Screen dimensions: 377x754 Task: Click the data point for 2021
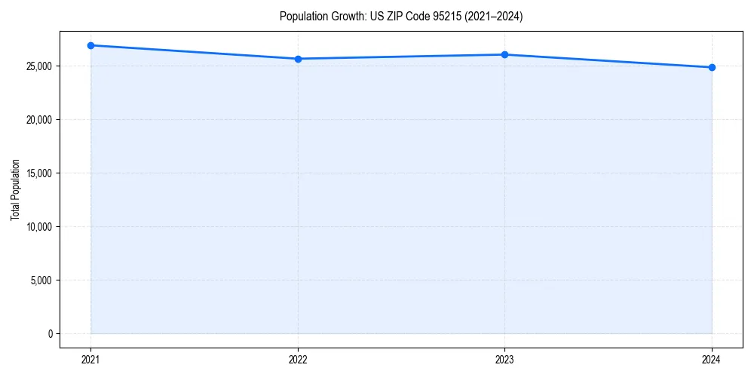click(90, 45)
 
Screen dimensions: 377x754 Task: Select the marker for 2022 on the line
click(298, 59)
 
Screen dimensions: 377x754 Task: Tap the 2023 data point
click(504, 54)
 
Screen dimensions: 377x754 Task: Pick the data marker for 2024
click(712, 67)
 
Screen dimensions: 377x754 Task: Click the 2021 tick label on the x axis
click(90, 360)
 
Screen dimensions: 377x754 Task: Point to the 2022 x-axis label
click(298, 360)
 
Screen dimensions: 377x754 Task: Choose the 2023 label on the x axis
click(504, 360)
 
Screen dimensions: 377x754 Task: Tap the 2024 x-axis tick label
click(712, 360)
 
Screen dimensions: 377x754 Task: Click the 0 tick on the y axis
click(50, 334)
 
